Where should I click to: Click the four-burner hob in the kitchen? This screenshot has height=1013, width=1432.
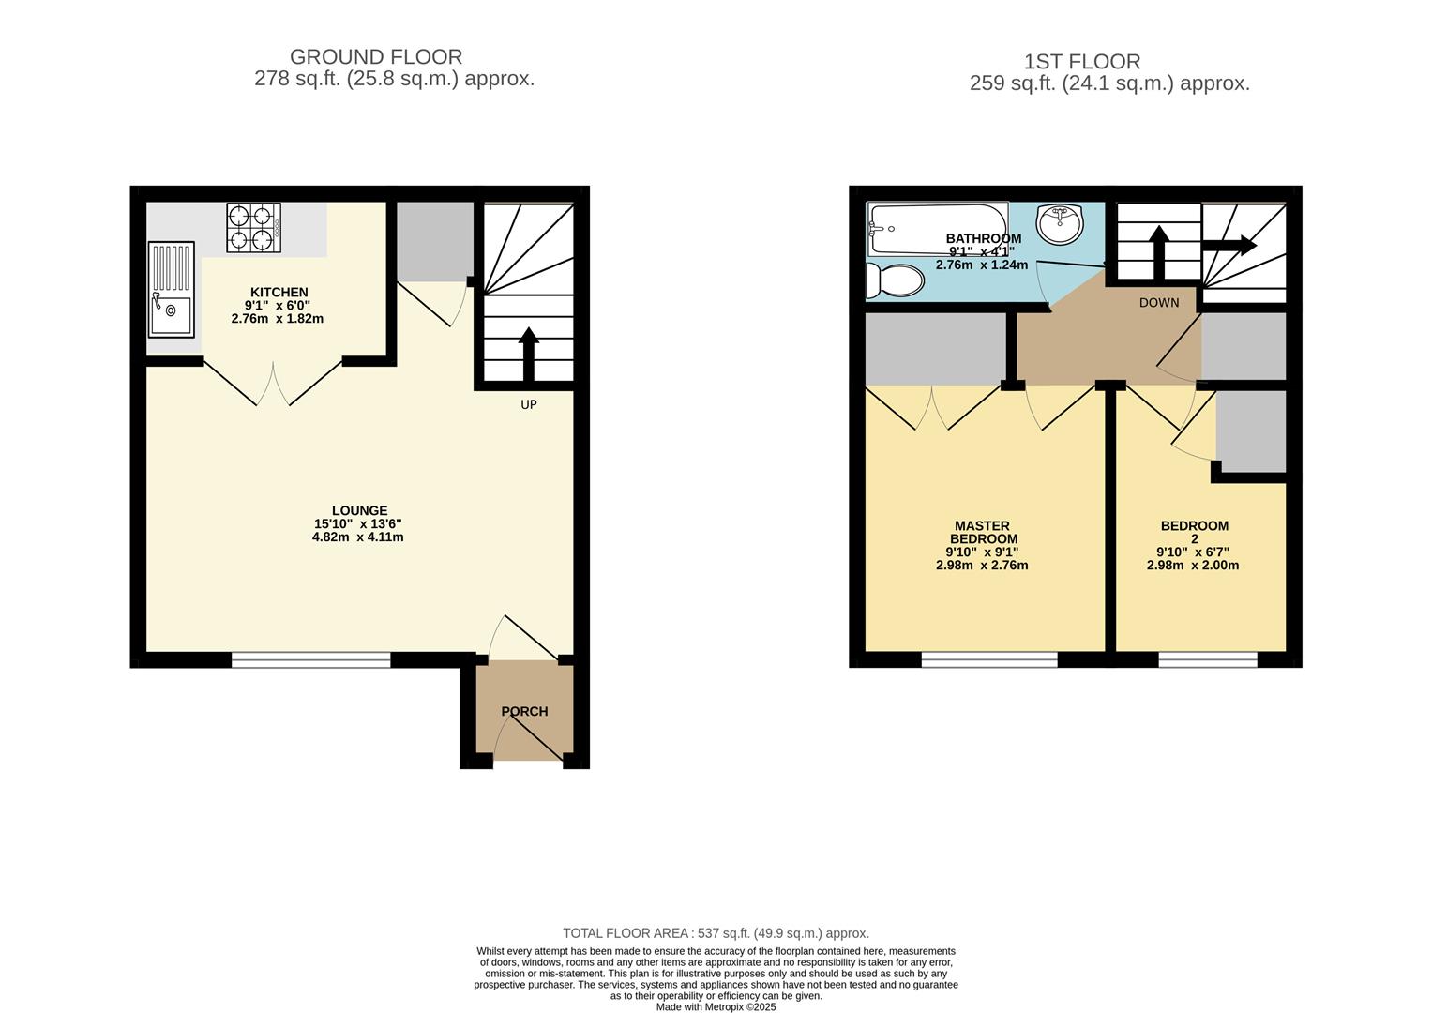[x=253, y=228]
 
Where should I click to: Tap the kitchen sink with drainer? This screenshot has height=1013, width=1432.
[x=171, y=289]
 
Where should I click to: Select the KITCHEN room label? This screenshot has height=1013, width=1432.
[x=279, y=293]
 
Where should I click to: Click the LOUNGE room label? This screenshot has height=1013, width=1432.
[x=358, y=511]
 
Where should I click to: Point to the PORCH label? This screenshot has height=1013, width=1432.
[x=524, y=711]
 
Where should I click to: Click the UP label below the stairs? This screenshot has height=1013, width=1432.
[x=529, y=404]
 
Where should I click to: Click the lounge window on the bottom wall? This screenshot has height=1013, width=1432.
[x=310, y=660]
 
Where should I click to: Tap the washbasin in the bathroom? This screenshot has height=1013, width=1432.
[x=1060, y=223]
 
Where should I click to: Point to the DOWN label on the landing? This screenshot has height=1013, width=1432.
[x=1159, y=303]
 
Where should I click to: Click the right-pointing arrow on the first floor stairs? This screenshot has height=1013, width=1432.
[x=1229, y=246]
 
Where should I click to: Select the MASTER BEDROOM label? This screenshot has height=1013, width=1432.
[x=983, y=533]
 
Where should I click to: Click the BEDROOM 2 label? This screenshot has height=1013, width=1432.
[x=1194, y=532]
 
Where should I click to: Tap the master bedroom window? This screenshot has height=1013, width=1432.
[x=989, y=660]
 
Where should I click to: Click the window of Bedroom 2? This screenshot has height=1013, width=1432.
[x=1207, y=660]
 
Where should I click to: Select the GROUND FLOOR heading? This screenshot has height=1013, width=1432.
[x=376, y=57]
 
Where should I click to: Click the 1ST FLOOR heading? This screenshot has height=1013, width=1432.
[x=1082, y=62]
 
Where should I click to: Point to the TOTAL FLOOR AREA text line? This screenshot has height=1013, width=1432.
[x=716, y=933]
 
